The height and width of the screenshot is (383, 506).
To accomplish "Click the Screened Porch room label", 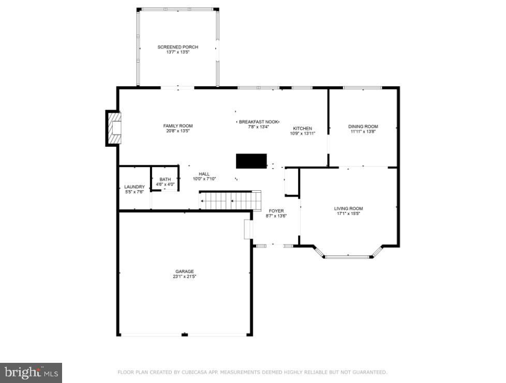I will [177, 47].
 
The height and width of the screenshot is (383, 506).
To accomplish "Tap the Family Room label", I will [177, 126].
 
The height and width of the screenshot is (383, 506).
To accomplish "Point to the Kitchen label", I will [303, 128].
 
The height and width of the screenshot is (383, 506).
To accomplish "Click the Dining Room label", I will [363, 126].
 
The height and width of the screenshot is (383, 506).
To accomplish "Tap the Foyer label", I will [276, 210].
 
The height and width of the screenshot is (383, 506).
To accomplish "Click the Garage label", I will [184, 271].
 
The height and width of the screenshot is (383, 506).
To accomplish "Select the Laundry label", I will [134, 187].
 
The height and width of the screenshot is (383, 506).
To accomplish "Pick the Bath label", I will [165, 179].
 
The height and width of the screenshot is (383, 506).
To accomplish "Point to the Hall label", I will [204, 174].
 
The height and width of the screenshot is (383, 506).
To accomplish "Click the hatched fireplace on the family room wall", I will [114, 128].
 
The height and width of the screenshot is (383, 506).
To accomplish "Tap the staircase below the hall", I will [230, 200].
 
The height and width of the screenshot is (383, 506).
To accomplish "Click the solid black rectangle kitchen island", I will [251, 161].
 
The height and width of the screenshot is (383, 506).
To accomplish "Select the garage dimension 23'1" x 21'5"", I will [184, 277].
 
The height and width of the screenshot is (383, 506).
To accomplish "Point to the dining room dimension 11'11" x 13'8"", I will [363, 131].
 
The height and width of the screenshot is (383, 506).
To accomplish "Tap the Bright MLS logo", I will [31, 372].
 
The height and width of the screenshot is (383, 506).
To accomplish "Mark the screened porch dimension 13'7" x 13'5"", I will [177, 52].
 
